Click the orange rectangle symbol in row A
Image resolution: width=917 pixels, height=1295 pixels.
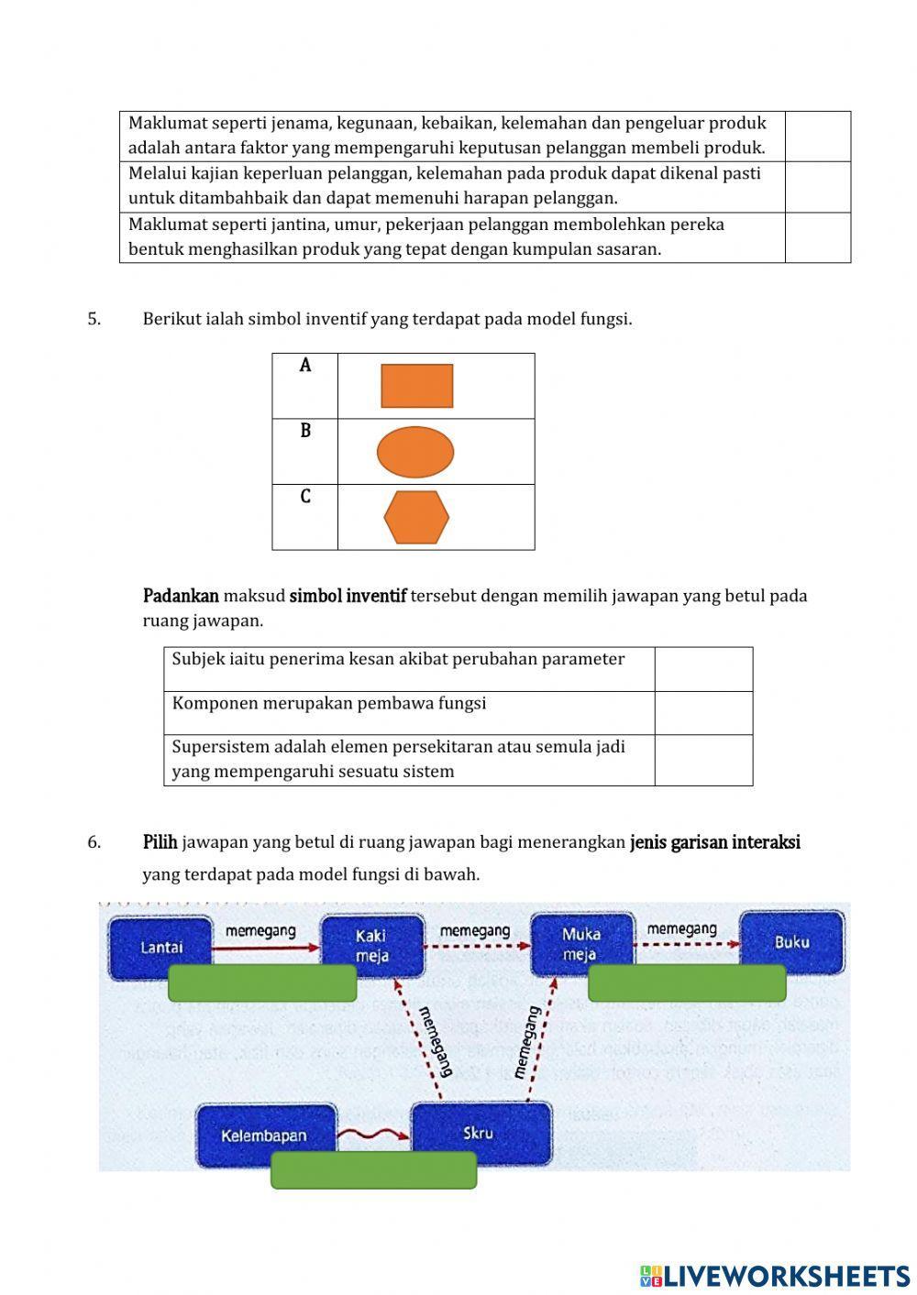point(416,386)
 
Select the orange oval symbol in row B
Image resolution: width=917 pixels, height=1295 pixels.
point(415,452)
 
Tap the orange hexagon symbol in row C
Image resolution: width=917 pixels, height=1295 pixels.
point(416,517)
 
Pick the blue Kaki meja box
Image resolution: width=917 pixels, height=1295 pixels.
point(371,945)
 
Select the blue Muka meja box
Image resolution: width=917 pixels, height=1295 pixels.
point(580,942)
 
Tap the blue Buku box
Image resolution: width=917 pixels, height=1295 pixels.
point(791,941)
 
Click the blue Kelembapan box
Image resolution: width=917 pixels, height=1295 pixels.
point(264,1135)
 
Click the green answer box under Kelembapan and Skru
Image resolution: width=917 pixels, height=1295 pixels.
point(373,1170)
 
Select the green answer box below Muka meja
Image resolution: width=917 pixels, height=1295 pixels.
point(686,983)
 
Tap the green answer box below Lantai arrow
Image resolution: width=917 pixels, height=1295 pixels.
point(262,983)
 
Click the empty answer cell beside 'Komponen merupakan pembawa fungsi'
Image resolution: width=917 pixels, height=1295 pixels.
point(703,713)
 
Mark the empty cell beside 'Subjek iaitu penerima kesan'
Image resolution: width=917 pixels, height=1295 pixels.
point(703,669)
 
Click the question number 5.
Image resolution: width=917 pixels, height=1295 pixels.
point(94,319)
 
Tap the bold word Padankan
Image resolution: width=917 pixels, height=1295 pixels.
point(181,596)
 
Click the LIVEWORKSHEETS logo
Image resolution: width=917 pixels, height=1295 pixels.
point(774,1275)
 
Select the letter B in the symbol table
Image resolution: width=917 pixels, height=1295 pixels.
point(305,431)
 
